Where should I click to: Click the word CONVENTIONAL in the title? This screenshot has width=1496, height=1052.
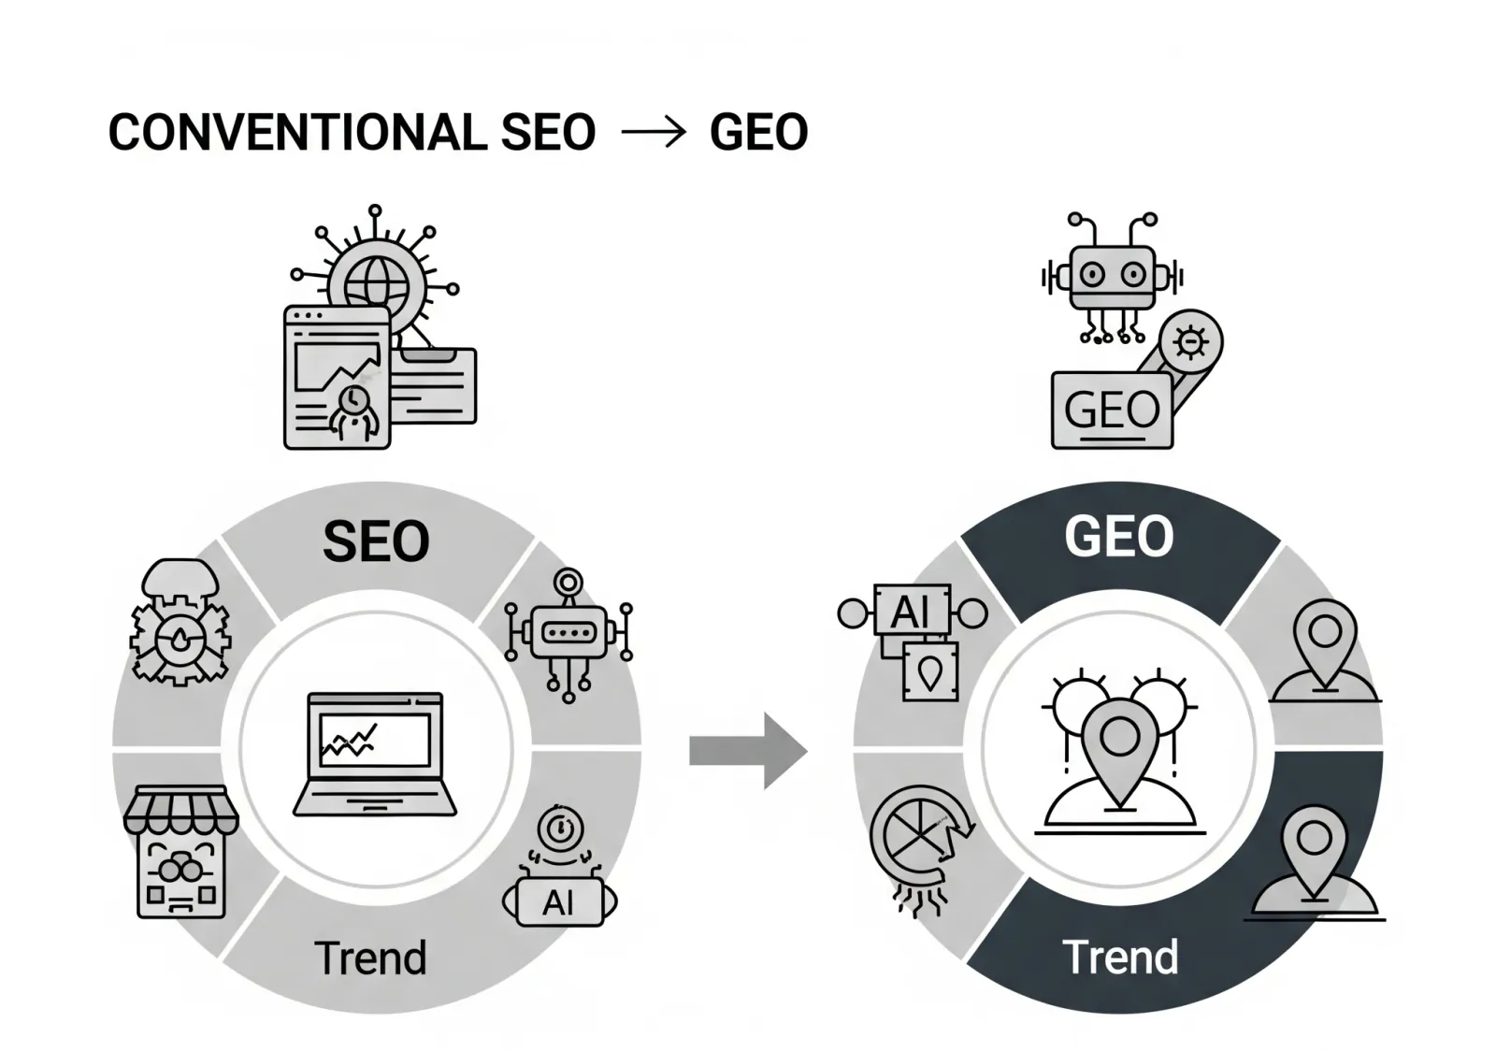click(298, 132)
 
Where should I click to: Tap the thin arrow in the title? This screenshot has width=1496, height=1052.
click(654, 132)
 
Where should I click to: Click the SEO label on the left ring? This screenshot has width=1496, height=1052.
click(376, 541)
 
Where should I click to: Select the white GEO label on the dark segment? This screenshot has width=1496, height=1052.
click(1118, 537)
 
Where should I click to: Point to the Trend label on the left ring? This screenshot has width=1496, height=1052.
click(370, 958)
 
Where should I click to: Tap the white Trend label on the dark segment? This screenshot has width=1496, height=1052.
click(1120, 957)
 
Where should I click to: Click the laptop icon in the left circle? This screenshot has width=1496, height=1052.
click(375, 754)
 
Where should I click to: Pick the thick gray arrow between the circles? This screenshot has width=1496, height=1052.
click(748, 751)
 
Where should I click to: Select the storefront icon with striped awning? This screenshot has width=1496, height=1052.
click(181, 852)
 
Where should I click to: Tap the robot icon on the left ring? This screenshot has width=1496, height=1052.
click(568, 635)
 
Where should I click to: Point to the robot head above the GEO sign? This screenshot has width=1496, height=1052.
click(1113, 276)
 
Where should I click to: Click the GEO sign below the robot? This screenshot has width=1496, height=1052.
click(1112, 411)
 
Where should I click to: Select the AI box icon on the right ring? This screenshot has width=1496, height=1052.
click(913, 641)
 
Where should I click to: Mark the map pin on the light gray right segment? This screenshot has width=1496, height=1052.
click(1325, 651)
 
